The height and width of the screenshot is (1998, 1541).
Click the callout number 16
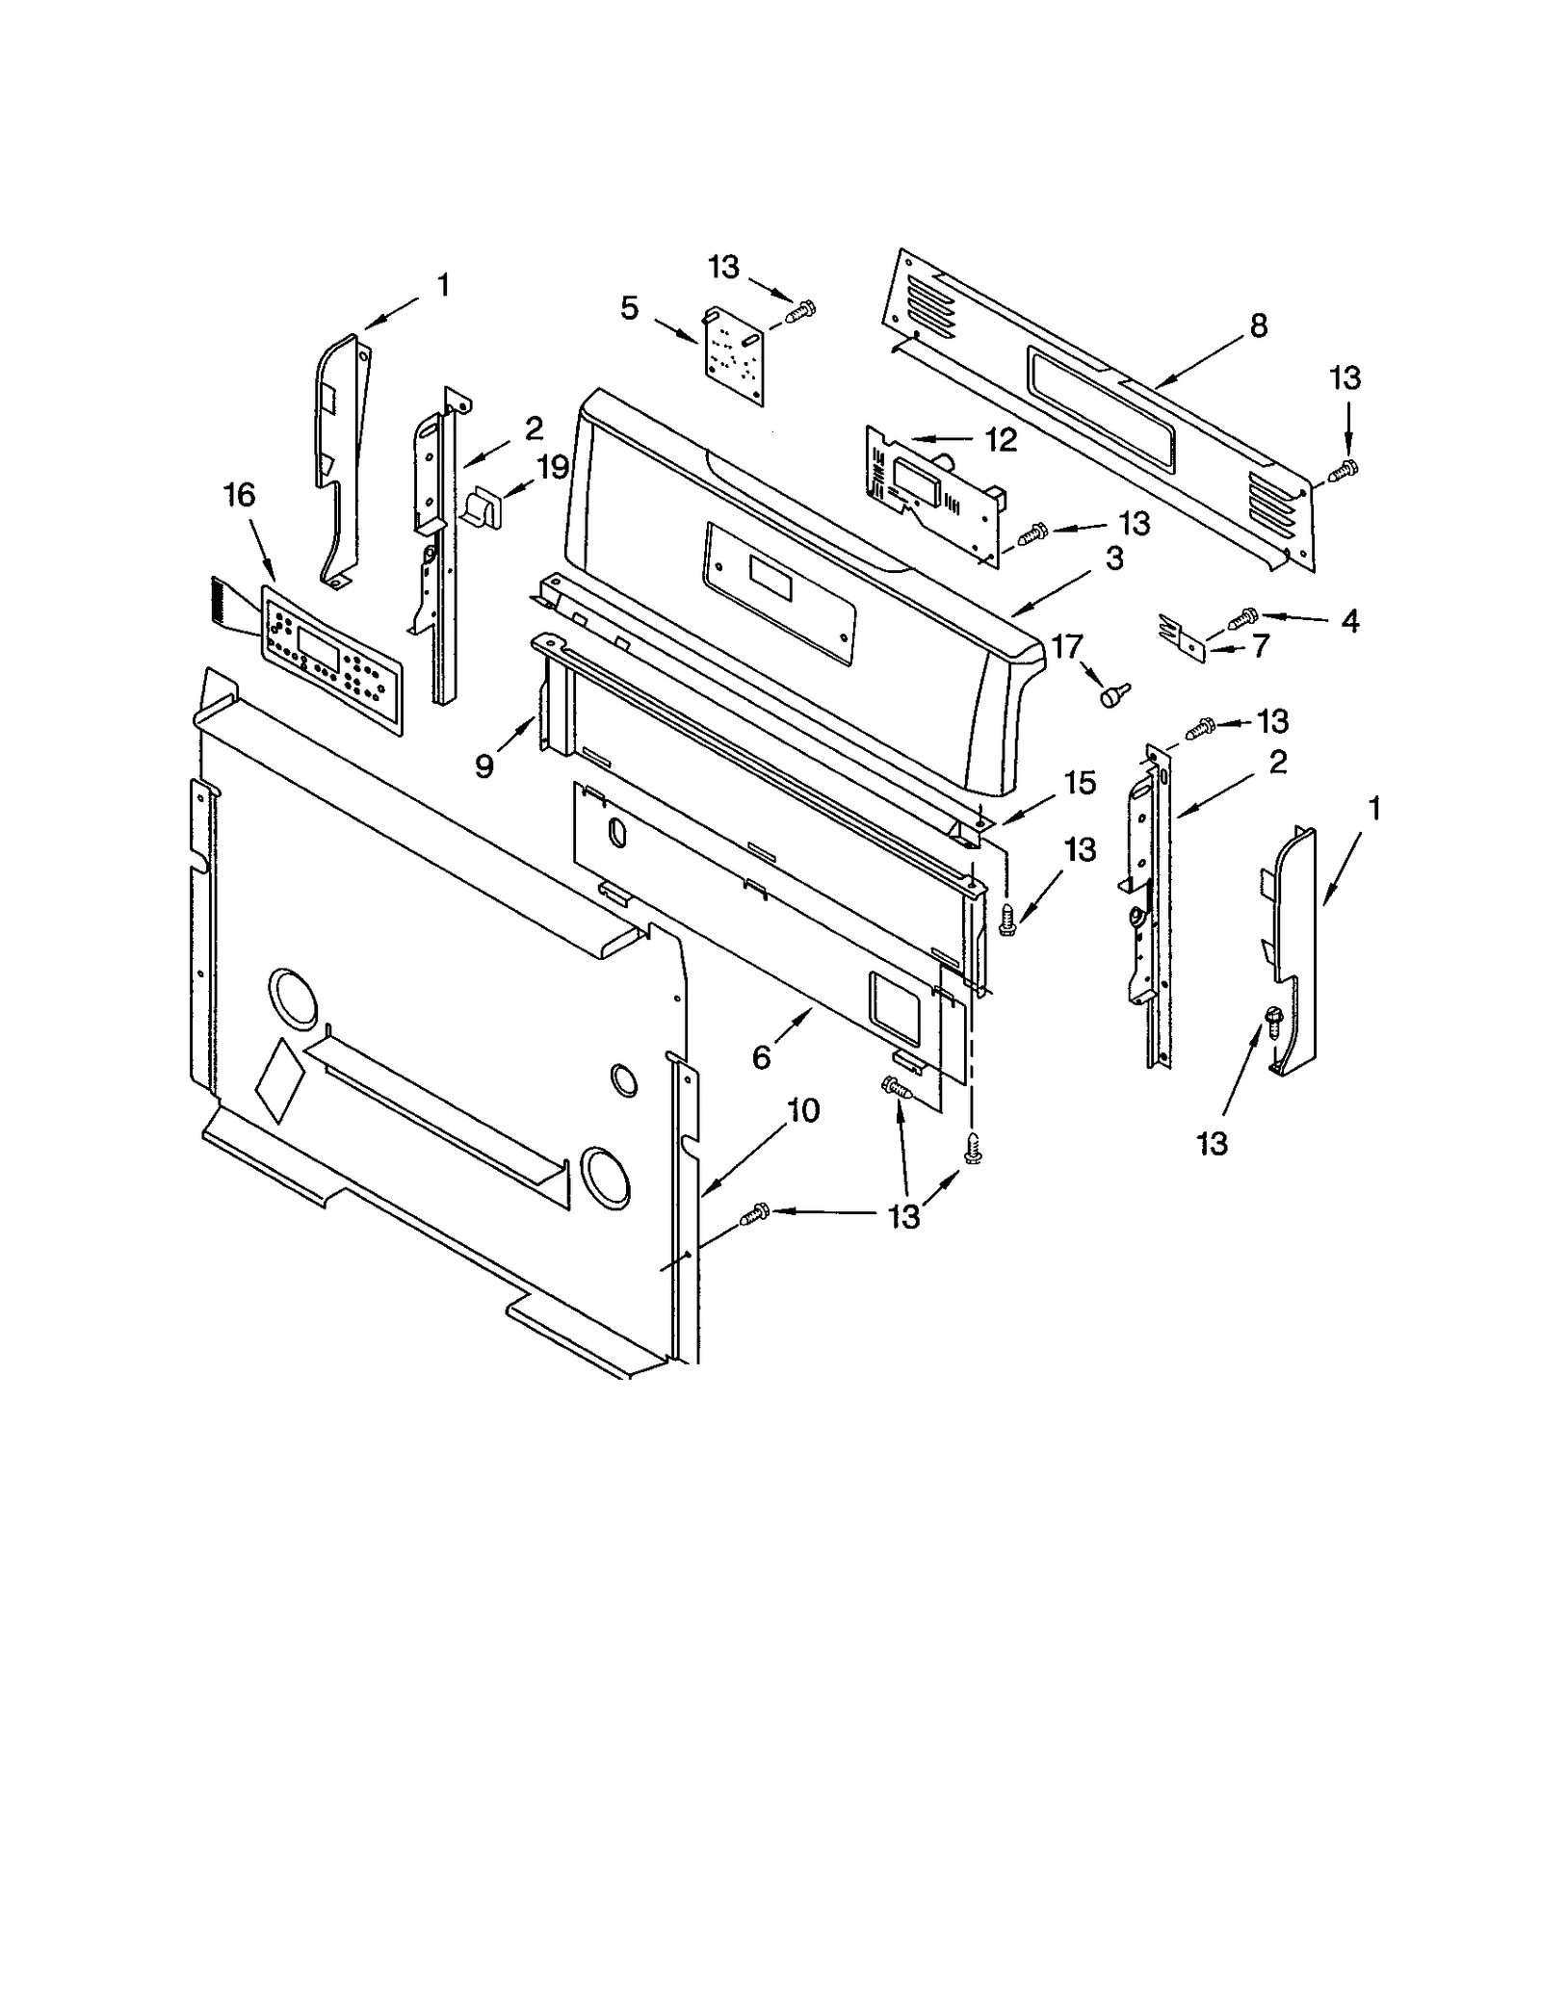point(239,495)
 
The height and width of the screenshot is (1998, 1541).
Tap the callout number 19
point(552,468)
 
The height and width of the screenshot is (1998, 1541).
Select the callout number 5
point(629,309)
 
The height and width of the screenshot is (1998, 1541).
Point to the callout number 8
point(1259,326)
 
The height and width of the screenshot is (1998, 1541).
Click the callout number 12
point(1001,440)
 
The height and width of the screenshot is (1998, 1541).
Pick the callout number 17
point(1067,646)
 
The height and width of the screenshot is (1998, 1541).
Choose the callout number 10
point(803,1110)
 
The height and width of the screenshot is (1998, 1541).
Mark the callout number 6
point(761,1057)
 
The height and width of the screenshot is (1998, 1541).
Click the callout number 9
point(483,765)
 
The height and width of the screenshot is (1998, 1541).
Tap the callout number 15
point(1080,783)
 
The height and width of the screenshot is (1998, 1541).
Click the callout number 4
point(1350,621)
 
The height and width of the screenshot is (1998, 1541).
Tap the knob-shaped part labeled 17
point(1116,693)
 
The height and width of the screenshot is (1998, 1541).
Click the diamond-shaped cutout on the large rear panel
point(278,1080)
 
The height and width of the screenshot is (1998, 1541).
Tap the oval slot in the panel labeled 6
point(617,834)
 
